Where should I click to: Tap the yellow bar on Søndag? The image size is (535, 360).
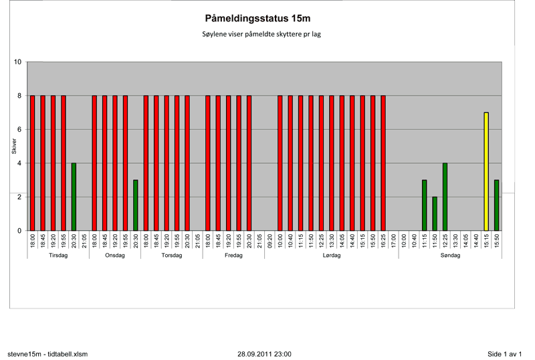tap(486, 171)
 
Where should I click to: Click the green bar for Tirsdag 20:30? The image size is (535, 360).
tap(74, 197)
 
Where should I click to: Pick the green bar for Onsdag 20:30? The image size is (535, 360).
tap(136, 205)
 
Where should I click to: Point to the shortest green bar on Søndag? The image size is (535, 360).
tap(435, 213)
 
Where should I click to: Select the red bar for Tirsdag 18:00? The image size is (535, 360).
tap(32, 163)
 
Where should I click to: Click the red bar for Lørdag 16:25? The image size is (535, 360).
tap(383, 163)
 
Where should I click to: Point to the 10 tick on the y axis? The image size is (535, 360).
tap(17, 62)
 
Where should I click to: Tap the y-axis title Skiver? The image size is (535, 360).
tap(14, 147)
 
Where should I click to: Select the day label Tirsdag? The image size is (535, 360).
tap(58, 256)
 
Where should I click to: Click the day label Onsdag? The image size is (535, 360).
tap(115, 256)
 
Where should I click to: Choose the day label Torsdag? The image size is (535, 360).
tap(172, 256)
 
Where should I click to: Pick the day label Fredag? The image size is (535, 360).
tap(233, 256)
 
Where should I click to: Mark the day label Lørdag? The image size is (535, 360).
tap(332, 256)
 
